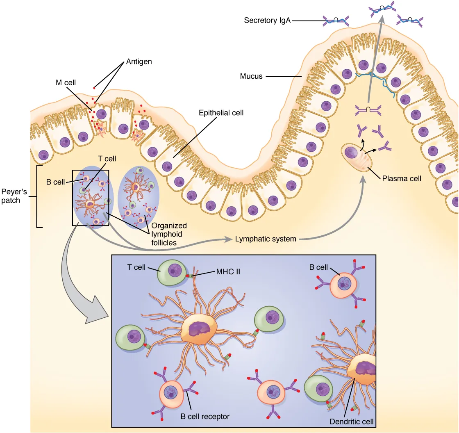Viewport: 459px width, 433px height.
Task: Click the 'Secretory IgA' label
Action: click(x=267, y=20)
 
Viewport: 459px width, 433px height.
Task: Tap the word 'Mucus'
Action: click(x=251, y=76)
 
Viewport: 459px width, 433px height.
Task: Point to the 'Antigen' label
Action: click(x=139, y=62)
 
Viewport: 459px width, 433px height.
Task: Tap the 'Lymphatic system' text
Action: click(x=265, y=239)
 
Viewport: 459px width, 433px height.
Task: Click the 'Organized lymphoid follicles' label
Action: click(x=169, y=234)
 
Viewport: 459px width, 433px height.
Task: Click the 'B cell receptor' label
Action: click(x=205, y=416)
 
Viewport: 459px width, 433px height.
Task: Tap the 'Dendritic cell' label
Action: click(x=352, y=421)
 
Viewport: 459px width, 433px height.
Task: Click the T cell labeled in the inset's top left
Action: click(x=172, y=272)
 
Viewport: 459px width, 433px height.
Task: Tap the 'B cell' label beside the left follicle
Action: click(x=54, y=182)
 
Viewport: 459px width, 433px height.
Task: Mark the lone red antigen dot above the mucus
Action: click(x=94, y=87)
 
